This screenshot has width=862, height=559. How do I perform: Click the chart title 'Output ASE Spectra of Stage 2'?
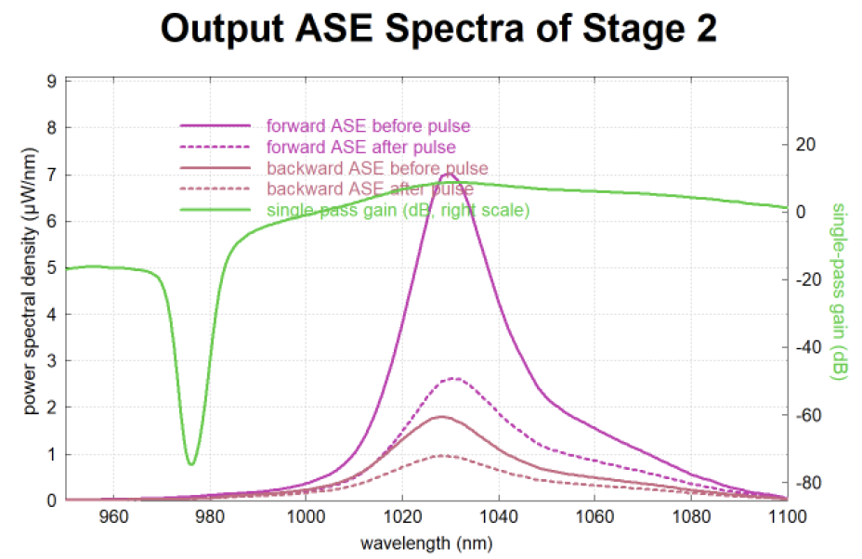438,28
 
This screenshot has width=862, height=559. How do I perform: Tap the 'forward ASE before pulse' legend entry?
369,126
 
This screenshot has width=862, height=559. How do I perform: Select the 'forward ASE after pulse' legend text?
361,148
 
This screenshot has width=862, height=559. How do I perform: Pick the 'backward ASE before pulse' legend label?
377,168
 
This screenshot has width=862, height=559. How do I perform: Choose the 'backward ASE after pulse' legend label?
370,189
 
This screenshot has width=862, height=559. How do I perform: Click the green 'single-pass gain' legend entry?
398,210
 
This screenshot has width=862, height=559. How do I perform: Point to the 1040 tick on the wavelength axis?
499,517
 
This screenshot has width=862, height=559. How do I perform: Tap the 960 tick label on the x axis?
113,517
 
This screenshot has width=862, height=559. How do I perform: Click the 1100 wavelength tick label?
788,517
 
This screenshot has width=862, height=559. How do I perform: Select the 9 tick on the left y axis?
52,82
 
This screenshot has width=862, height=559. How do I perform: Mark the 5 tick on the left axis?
52,268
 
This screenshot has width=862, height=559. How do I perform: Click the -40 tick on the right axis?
808,347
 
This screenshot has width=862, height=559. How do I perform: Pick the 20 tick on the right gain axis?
805,145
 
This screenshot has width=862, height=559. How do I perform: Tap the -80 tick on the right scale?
808,483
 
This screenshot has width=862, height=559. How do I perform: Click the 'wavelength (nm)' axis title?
426,543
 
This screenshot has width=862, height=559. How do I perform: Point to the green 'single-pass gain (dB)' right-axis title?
839,292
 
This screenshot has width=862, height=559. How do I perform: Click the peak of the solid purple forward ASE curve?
450,174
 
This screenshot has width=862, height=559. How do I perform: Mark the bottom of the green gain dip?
190,464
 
